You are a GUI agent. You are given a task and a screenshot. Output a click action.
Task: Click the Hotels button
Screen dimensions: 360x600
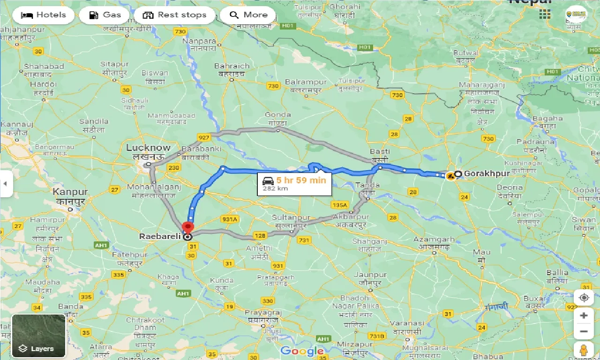[x=44, y=15]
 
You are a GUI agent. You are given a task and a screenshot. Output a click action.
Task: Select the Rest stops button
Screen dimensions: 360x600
[x=174, y=15]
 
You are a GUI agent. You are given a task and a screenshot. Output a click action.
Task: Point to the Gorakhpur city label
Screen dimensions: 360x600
[x=487, y=174]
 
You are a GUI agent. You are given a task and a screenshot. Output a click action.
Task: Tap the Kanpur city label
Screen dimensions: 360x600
[x=70, y=192]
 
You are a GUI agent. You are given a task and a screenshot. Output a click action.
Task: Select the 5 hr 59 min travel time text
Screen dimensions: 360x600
[x=301, y=180]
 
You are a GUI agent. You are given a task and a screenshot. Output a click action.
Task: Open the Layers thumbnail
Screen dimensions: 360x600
[x=38, y=336]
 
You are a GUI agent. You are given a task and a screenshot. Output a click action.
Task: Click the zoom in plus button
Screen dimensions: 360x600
[x=584, y=315]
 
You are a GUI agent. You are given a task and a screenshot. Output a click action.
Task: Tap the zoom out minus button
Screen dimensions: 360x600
[x=584, y=332]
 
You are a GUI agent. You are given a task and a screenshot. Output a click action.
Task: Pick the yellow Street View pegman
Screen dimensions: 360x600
[x=584, y=350]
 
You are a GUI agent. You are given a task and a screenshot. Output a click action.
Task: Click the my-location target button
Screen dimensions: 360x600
[x=584, y=298]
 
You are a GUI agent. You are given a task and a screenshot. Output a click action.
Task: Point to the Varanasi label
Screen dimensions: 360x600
[x=409, y=323]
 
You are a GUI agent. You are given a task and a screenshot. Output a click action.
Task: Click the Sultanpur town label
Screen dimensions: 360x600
[x=291, y=218]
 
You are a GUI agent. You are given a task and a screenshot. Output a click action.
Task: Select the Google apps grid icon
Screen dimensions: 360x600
[x=545, y=15]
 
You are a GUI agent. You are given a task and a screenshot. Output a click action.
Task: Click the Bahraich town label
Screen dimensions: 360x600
[x=232, y=66]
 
